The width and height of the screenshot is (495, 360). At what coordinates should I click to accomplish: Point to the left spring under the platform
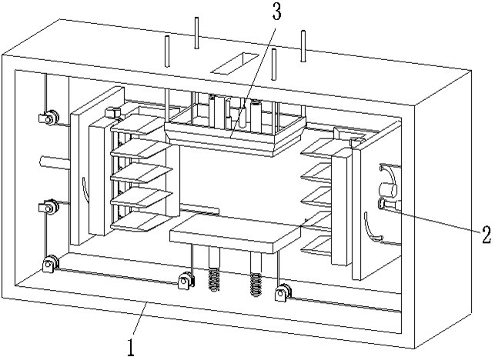point(216,278)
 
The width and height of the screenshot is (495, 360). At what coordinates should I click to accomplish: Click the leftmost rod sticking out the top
point(166,51)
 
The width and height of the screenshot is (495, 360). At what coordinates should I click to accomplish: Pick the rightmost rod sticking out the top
point(304,45)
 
